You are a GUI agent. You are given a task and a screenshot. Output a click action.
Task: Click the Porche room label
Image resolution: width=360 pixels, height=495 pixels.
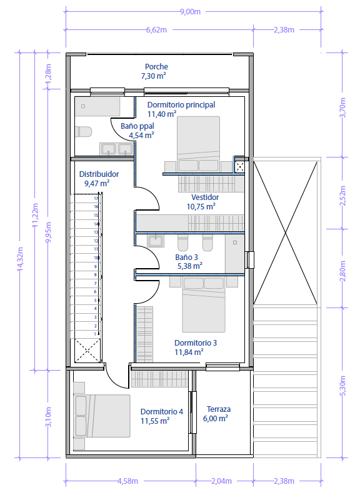pos(156,67)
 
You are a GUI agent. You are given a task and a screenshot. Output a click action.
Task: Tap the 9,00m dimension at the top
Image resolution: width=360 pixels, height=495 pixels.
pos(190,11)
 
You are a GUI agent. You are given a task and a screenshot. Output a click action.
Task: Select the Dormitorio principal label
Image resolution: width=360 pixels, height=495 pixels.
pos(181,104)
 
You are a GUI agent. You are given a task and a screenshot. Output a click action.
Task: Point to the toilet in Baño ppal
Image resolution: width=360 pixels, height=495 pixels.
pos(83,132)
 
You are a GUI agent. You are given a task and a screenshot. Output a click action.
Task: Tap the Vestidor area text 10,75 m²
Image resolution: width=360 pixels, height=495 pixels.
pos(201,206)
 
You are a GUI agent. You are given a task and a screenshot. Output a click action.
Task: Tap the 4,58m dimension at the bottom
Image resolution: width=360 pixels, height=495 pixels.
pos(128,481)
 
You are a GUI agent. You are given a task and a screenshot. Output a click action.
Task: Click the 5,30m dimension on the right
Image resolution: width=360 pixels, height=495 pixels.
pos(342,383)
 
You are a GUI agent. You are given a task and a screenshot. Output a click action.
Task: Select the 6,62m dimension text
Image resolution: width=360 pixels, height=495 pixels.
pos(157,29)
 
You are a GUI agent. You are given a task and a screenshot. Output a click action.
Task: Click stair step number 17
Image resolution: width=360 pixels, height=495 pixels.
pos(96,198)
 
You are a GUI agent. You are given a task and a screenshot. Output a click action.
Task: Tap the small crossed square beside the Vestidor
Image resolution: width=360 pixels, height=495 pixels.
pos(240,166)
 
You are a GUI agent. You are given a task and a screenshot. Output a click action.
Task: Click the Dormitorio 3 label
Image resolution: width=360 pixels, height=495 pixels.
pos(196,342)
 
